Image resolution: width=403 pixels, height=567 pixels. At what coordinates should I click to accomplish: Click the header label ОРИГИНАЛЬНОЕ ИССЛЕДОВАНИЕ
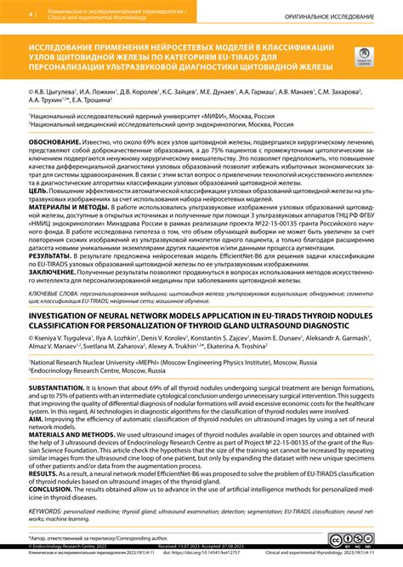pyautogui.click(x=326, y=16)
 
